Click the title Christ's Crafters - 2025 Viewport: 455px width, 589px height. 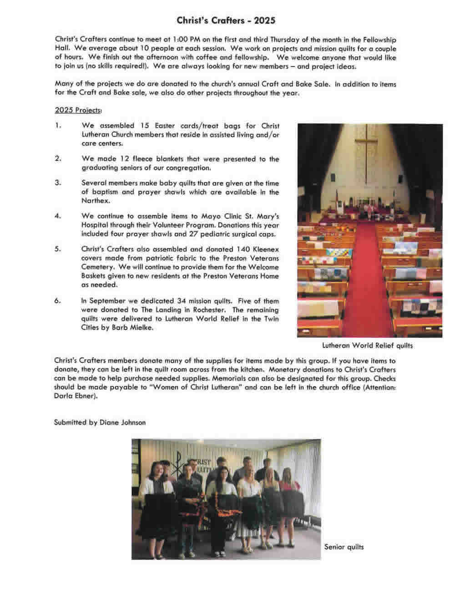click(x=226, y=20)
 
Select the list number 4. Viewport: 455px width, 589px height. click(x=58, y=216)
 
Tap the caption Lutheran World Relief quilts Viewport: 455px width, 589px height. click(x=368, y=345)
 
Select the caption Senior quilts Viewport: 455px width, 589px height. click(x=344, y=547)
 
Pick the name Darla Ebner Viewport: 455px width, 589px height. click(x=76, y=396)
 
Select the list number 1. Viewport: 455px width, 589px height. click(x=58, y=126)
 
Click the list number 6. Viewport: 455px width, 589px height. click(x=58, y=301)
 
